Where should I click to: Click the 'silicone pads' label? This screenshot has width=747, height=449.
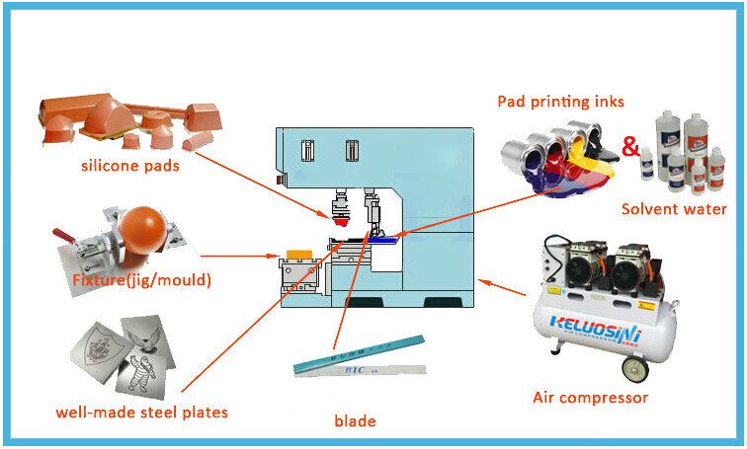(x=130, y=166)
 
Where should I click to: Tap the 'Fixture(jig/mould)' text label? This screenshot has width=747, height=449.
(x=142, y=281)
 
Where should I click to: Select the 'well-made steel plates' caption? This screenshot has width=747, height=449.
(x=141, y=412)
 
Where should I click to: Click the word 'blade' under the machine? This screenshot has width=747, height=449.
(x=355, y=421)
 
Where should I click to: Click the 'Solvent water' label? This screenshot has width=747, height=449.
(x=674, y=209)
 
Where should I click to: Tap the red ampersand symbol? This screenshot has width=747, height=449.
(x=629, y=147)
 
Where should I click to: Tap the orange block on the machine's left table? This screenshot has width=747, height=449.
(x=295, y=254)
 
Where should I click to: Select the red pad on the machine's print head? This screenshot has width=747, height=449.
(x=341, y=223)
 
